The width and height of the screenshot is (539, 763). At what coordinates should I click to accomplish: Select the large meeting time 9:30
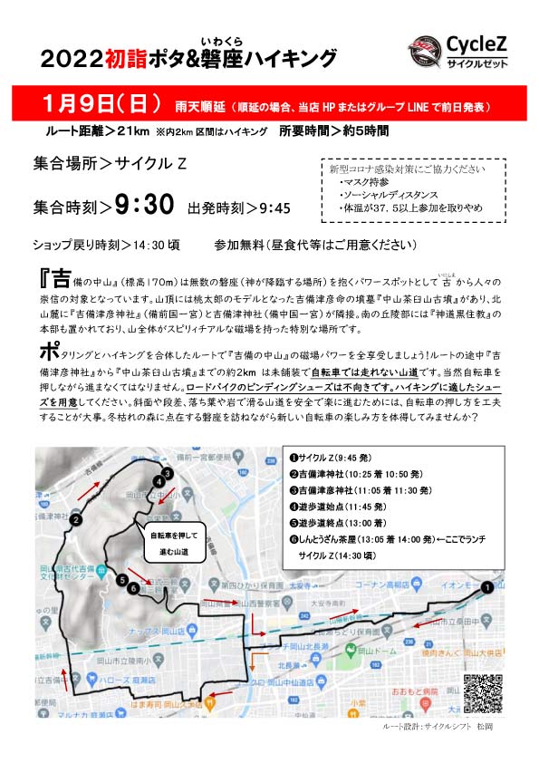click(x=143, y=206)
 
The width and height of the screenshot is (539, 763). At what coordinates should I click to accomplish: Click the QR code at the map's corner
click(x=481, y=695)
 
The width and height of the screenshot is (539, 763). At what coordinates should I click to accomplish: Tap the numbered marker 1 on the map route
click(x=487, y=587)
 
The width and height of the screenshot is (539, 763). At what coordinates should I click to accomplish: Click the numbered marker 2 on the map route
click(x=77, y=520)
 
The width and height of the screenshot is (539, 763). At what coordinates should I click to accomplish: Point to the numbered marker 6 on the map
click(x=133, y=589)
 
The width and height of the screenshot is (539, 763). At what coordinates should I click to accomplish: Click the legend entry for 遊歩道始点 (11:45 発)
click(x=342, y=507)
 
